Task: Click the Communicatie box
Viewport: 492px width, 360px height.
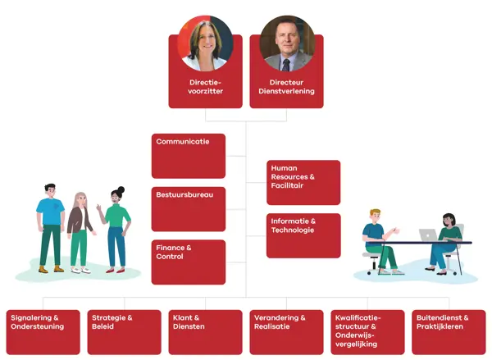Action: [x=189, y=156]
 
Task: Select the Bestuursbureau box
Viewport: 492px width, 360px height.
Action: [x=189, y=209]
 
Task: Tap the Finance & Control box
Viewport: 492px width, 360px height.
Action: [x=189, y=262]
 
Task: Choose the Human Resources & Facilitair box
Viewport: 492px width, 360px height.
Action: [x=303, y=182]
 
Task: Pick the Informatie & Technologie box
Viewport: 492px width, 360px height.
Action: [x=303, y=235]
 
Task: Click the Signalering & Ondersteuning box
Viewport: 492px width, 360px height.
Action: [x=43, y=332]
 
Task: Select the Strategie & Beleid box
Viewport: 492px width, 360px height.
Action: [x=124, y=332]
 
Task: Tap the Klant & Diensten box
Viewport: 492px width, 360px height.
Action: [x=205, y=332]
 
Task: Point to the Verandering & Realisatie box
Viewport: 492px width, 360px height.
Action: [x=286, y=332]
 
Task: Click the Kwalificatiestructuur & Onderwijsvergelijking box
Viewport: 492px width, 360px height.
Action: [x=367, y=332]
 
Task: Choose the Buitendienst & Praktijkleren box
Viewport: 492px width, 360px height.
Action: [x=449, y=332]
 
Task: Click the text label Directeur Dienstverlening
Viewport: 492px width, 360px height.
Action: [x=286, y=87]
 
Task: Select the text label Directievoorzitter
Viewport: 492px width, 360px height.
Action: [x=206, y=87]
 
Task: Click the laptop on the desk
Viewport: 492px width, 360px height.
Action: [x=428, y=235]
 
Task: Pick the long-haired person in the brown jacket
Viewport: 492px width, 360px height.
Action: [x=80, y=232]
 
